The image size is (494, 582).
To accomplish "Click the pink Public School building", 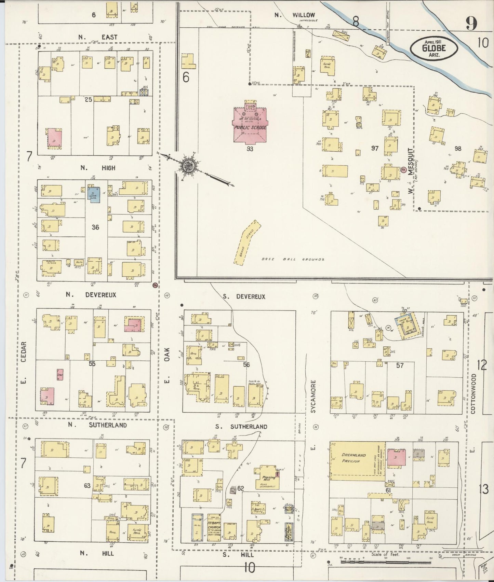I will pyautogui.click(x=249, y=125).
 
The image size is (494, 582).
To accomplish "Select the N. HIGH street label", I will pyautogui.click(x=98, y=168).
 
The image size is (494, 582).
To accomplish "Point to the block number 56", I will pyautogui.click(x=246, y=365).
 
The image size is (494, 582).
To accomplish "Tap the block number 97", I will pyautogui.click(x=375, y=148).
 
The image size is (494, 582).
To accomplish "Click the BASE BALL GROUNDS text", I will pyautogui.click(x=293, y=260).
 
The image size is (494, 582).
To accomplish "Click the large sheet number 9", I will pyautogui.click(x=471, y=24).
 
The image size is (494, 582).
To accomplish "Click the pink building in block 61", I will pyautogui.click(x=397, y=457).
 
